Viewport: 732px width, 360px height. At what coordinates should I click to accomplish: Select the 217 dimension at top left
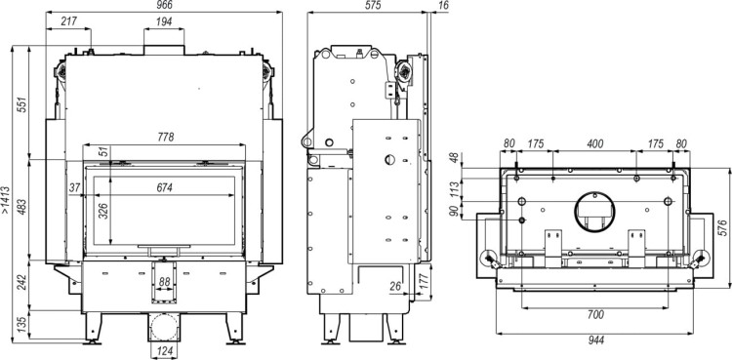click(x=69, y=21)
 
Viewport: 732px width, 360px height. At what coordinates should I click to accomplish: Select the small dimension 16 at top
click(x=443, y=6)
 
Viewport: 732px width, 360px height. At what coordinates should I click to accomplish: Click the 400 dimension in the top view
click(x=594, y=144)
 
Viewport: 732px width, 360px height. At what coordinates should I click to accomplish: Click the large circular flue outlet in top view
click(x=594, y=211)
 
